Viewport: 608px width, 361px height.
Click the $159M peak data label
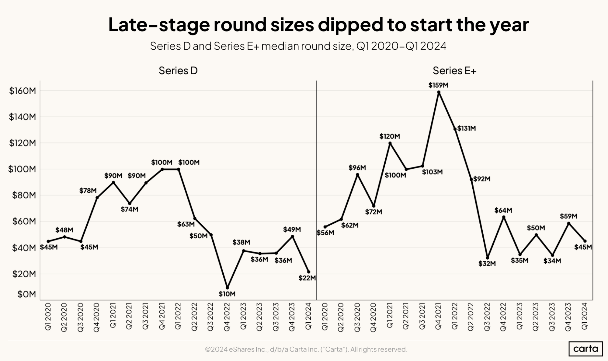pyautogui.click(x=438, y=85)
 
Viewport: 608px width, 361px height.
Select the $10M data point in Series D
pyautogui.click(x=227, y=288)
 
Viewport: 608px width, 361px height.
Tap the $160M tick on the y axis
pyautogui.click(x=23, y=91)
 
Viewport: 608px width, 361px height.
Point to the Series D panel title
pyautogui.click(x=178, y=71)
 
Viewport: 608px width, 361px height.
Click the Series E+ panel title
pyautogui.click(x=454, y=71)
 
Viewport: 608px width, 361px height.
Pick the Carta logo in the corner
pyautogui.click(x=585, y=349)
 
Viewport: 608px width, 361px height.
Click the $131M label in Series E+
pyautogui.click(x=467, y=128)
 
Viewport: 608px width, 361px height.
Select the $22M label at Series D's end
pyautogui.click(x=307, y=278)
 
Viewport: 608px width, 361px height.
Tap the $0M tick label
pyautogui.click(x=26, y=294)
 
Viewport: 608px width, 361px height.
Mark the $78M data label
pyautogui.click(x=88, y=191)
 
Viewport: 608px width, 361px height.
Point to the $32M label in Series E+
pyautogui.click(x=487, y=264)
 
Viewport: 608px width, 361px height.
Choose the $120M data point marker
pyautogui.click(x=390, y=143)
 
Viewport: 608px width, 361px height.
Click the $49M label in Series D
pyautogui.click(x=292, y=230)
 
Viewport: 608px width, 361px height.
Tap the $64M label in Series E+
pyautogui.click(x=503, y=210)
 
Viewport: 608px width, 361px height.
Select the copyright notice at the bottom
pyautogui.click(x=306, y=349)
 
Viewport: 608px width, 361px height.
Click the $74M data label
pyautogui.click(x=130, y=209)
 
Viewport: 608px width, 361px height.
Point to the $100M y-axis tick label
pyautogui.click(x=22, y=169)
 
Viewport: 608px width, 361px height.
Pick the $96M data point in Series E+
pyautogui.click(x=357, y=175)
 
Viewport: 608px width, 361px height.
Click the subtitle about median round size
pyautogui.click(x=298, y=46)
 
